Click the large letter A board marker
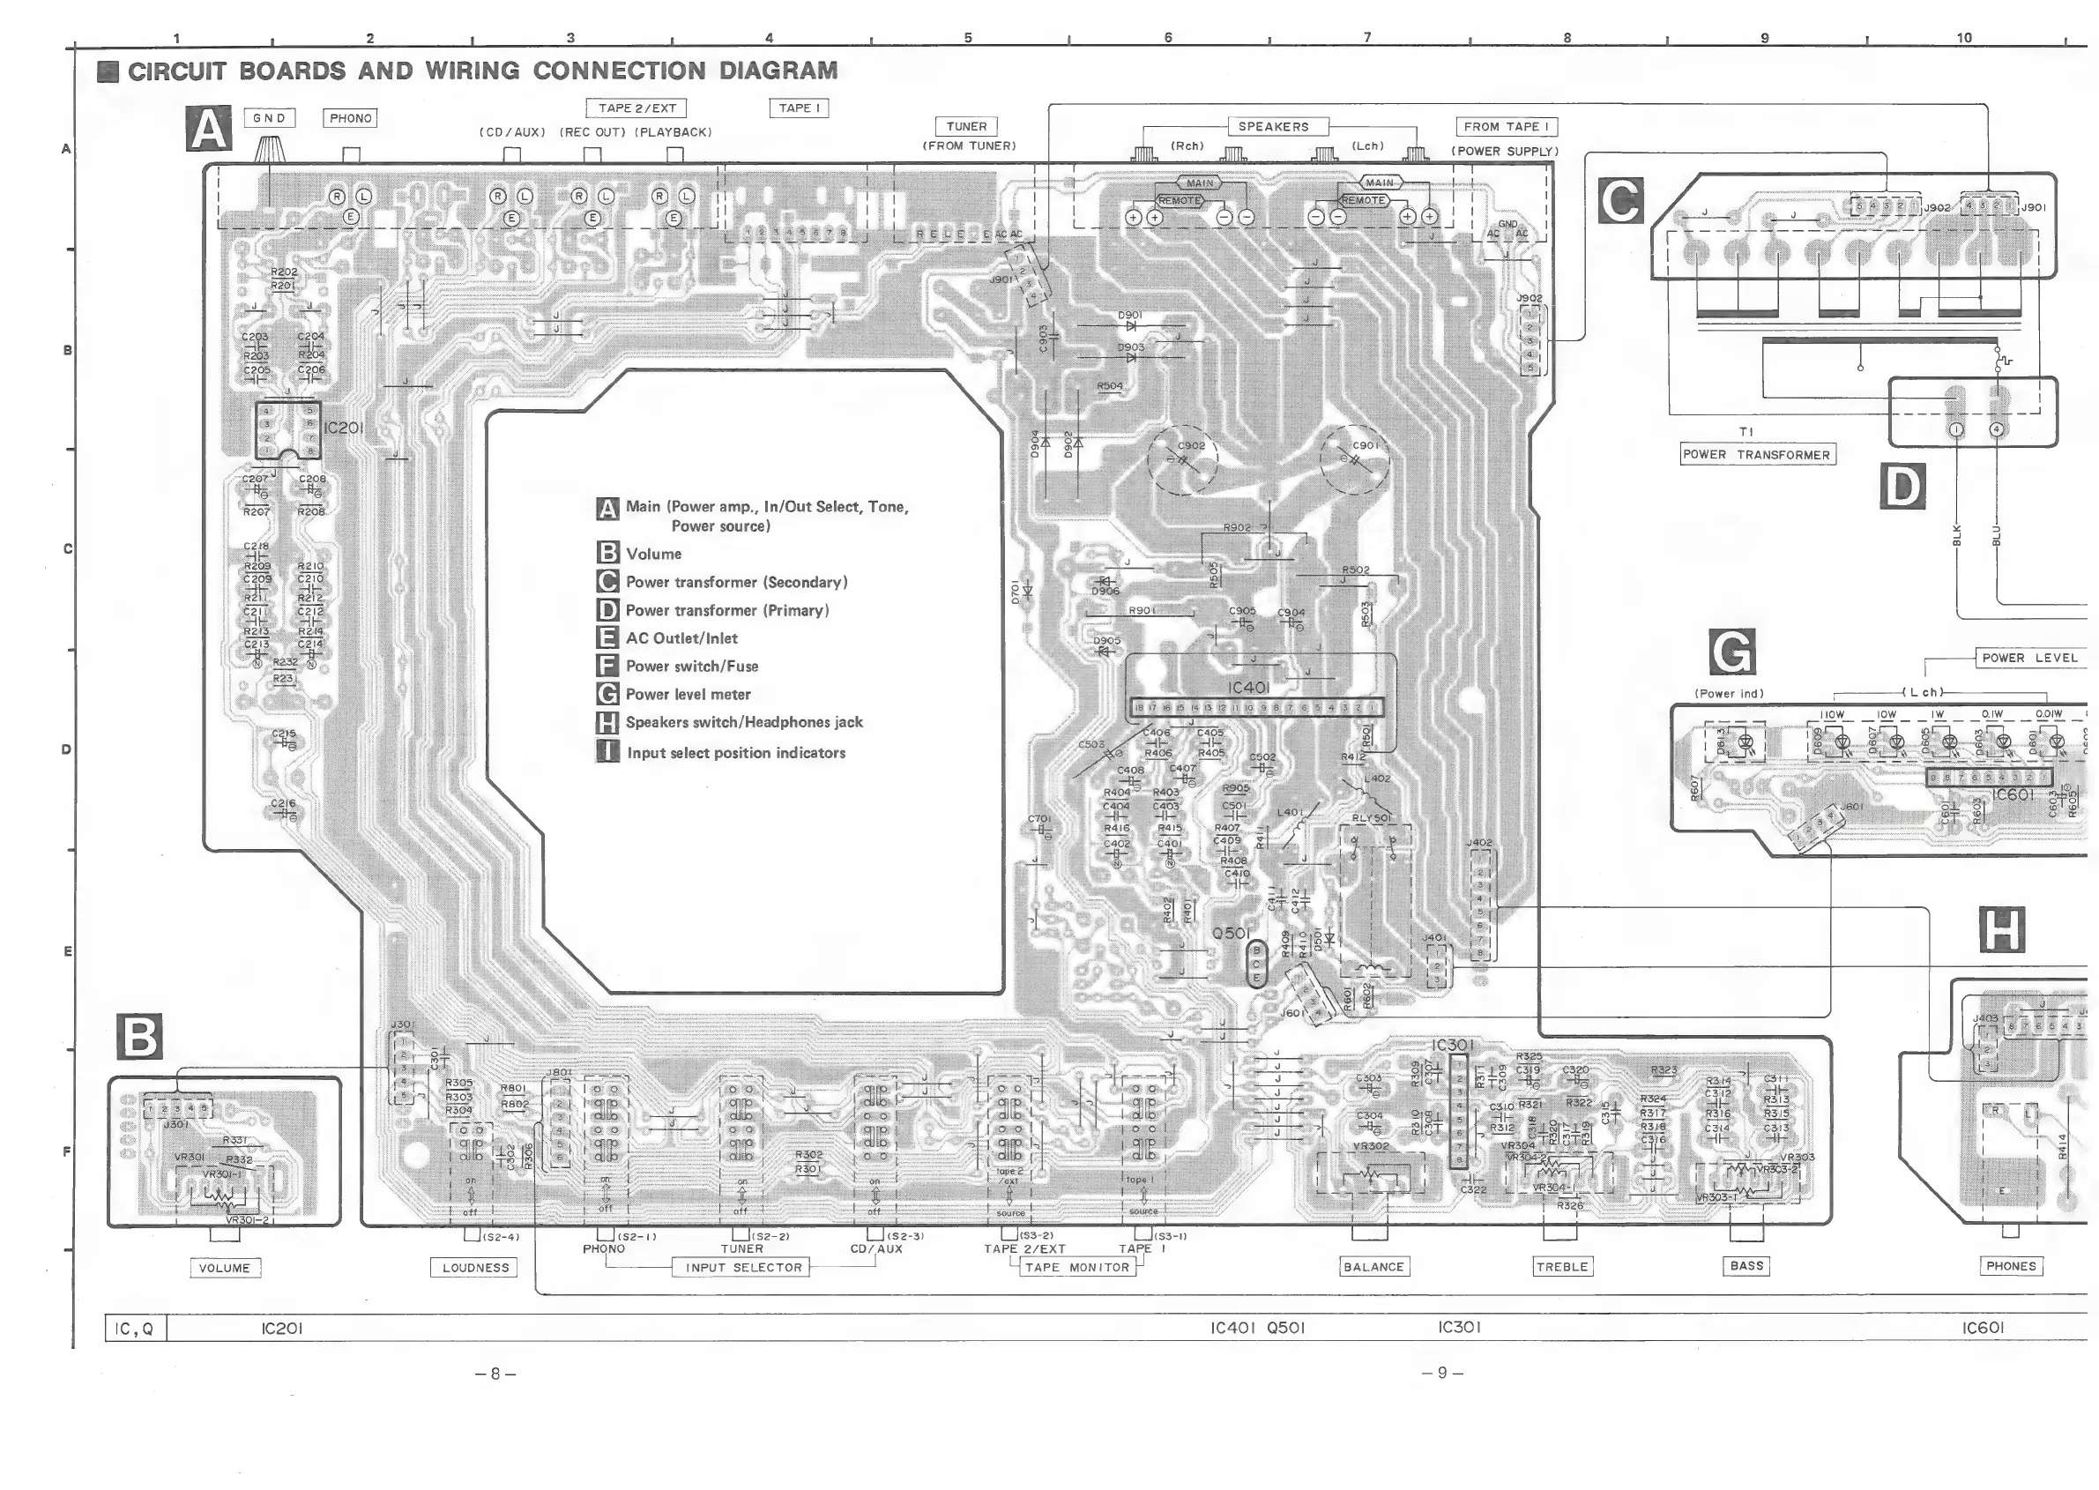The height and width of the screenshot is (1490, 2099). pyautogui.click(x=209, y=129)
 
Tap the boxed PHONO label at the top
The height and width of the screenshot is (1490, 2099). pyautogui.click(x=351, y=118)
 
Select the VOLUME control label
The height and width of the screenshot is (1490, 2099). pyautogui.click(x=224, y=1268)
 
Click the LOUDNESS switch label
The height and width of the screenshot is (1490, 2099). pyautogui.click(x=475, y=1268)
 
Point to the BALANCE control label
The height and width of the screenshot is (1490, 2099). pyautogui.click(x=1373, y=1267)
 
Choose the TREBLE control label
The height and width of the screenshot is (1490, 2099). pyautogui.click(x=1562, y=1267)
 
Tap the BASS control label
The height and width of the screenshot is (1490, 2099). pyautogui.click(x=1746, y=1266)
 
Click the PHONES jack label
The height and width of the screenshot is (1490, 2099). pyautogui.click(x=2011, y=1266)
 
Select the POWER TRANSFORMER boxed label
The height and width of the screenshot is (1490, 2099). pyautogui.click(x=1757, y=455)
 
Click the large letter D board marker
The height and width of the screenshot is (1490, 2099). pyautogui.click(x=1902, y=487)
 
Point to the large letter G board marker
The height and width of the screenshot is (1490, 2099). pyautogui.click(x=1733, y=652)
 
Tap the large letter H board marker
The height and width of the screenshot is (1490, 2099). pyautogui.click(x=2002, y=930)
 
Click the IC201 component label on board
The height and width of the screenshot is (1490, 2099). pyautogui.click(x=343, y=428)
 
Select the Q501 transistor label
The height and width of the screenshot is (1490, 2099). pyautogui.click(x=1231, y=933)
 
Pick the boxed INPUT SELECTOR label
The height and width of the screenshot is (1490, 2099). pyautogui.click(x=743, y=1268)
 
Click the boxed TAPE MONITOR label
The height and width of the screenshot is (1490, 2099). pyautogui.click(x=1078, y=1268)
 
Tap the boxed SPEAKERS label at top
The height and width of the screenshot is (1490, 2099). pyautogui.click(x=1273, y=127)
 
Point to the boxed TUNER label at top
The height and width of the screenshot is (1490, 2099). pyautogui.click(x=967, y=127)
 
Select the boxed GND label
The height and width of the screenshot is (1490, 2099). pyautogui.click(x=270, y=118)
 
